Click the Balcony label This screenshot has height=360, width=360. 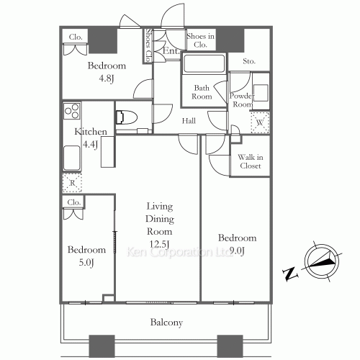[166, 323]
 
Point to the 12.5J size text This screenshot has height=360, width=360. [160, 243]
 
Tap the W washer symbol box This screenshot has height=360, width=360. [258, 124]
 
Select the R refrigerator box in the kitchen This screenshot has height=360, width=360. [72, 183]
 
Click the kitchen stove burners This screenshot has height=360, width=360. [72, 113]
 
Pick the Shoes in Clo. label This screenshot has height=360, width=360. [200, 40]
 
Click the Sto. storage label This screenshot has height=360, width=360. [250, 62]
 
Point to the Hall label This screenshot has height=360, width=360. [189, 121]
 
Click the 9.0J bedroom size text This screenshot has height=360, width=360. [238, 250]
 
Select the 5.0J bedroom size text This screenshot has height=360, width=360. [86, 261]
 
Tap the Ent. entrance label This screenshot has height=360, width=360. [171, 51]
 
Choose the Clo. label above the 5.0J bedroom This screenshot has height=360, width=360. [73, 203]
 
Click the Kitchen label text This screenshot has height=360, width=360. [91, 132]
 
